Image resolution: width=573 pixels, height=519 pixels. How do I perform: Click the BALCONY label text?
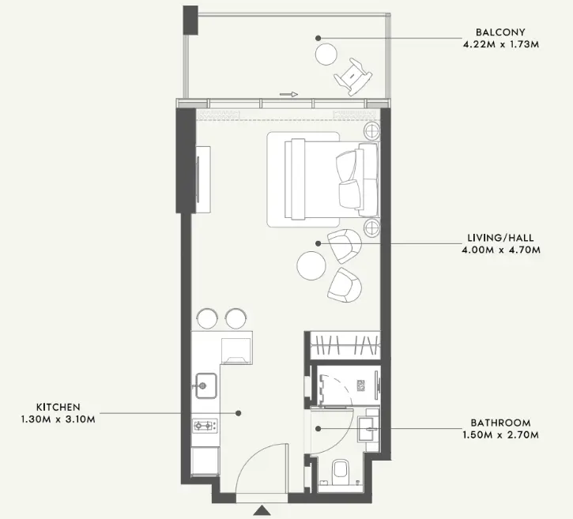tap(500, 32)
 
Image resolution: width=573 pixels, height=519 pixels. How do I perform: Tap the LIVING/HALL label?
tap(500, 238)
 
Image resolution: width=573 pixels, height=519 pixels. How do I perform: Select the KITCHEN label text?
tap(58, 407)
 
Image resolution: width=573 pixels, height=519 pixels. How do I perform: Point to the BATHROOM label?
tap(500, 423)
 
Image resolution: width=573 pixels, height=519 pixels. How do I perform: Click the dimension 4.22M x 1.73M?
tap(500, 44)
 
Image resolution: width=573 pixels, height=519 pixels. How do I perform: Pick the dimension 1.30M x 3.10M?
tap(58, 419)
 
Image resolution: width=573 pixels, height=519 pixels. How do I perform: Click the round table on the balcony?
tap(326, 55)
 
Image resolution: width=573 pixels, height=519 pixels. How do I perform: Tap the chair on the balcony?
tap(353, 77)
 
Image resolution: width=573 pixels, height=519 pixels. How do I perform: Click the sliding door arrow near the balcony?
tap(288, 94)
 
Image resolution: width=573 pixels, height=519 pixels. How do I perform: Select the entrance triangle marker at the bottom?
tap(262, 510)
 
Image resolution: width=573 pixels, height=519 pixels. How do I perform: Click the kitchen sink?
tap(206, 385)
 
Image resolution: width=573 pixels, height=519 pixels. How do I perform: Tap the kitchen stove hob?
tap(205, 426)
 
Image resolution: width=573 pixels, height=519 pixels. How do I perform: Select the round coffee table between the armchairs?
tap(311, 265)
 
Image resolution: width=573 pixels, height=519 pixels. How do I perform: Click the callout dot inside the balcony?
tap(319, 38)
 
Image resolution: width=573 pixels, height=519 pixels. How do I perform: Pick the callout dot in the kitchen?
tap(238, 413)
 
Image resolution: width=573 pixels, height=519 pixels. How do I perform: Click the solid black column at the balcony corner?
tap(190, 20)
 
